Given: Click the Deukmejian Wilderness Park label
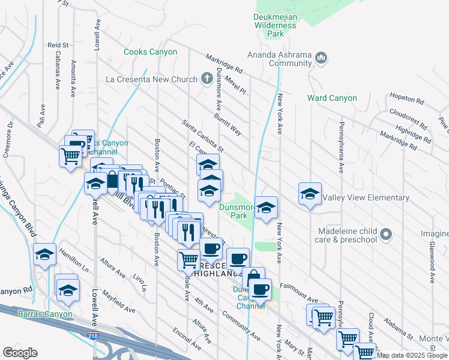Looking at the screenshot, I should tap(275, 25).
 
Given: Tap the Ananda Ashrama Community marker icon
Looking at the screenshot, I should tap(321, 58).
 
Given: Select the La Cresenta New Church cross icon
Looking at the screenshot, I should tap(206, 79).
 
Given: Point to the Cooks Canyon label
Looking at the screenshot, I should tap(150, 52).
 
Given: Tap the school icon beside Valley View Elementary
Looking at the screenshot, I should tap(310, 194).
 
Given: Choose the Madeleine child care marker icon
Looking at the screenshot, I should tap(386, 234).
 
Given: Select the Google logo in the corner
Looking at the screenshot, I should tap(20, 352).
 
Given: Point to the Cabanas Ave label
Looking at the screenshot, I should tap(58, 74).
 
